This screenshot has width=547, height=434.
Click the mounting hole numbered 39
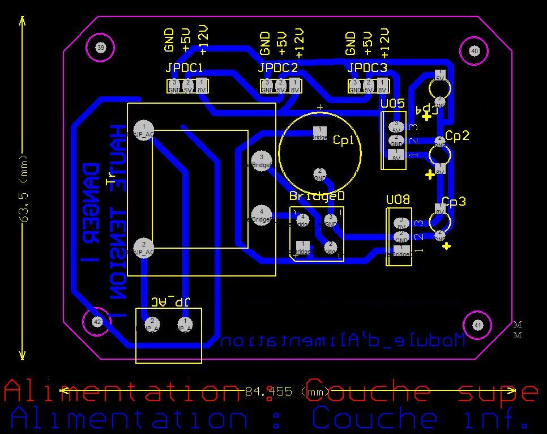(101, 48)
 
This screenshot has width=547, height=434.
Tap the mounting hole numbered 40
(475, 51)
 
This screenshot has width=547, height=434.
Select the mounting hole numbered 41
(478, 325)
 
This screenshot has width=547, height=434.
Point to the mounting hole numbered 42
(97, 322)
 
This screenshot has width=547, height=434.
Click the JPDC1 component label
(184, 69)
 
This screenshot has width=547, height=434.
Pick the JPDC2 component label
(277, 69)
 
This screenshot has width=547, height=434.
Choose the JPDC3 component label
(367, 69)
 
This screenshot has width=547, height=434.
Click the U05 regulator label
(392, 104)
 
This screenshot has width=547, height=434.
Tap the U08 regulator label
(398, 200)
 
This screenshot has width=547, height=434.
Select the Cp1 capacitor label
(347, 140)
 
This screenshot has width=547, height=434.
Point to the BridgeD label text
(317, 196)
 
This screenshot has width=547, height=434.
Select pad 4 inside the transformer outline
(261, 215)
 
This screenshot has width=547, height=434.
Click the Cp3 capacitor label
(454, 202)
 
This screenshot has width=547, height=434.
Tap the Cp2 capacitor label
(457, 135)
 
